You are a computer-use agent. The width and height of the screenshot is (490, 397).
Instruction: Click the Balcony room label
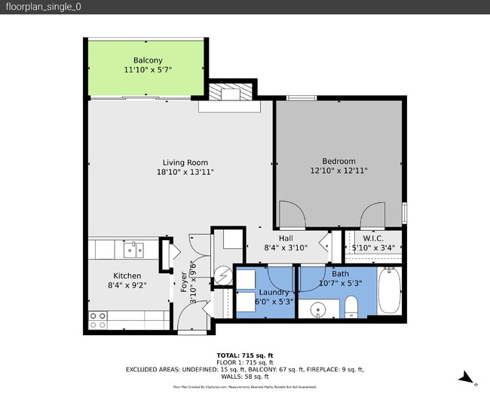[x=148, y=60]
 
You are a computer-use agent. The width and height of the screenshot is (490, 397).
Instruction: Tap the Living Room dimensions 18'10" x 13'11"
[x=185, y=172]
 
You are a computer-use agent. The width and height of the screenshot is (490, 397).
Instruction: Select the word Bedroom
[x=338, y=161]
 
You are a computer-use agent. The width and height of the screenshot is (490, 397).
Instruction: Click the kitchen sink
[x=134, y=249]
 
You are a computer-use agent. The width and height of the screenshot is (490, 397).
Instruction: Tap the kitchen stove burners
[x=98, y=319]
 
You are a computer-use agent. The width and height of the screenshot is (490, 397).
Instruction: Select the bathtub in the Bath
[x=390, y=291]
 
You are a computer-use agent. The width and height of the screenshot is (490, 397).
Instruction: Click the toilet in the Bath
[x=351, y=306]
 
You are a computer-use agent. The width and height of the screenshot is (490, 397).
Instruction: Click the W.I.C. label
[x=374, y=238]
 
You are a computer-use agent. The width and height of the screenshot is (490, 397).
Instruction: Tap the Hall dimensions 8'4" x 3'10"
[x=283, y=248]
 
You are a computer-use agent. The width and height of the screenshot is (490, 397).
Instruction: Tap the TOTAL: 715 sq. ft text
[x=244, y=354]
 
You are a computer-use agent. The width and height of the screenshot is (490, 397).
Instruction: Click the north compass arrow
[x=467, y=377]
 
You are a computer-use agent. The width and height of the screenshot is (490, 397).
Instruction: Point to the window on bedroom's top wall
[x=302, y=97]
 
